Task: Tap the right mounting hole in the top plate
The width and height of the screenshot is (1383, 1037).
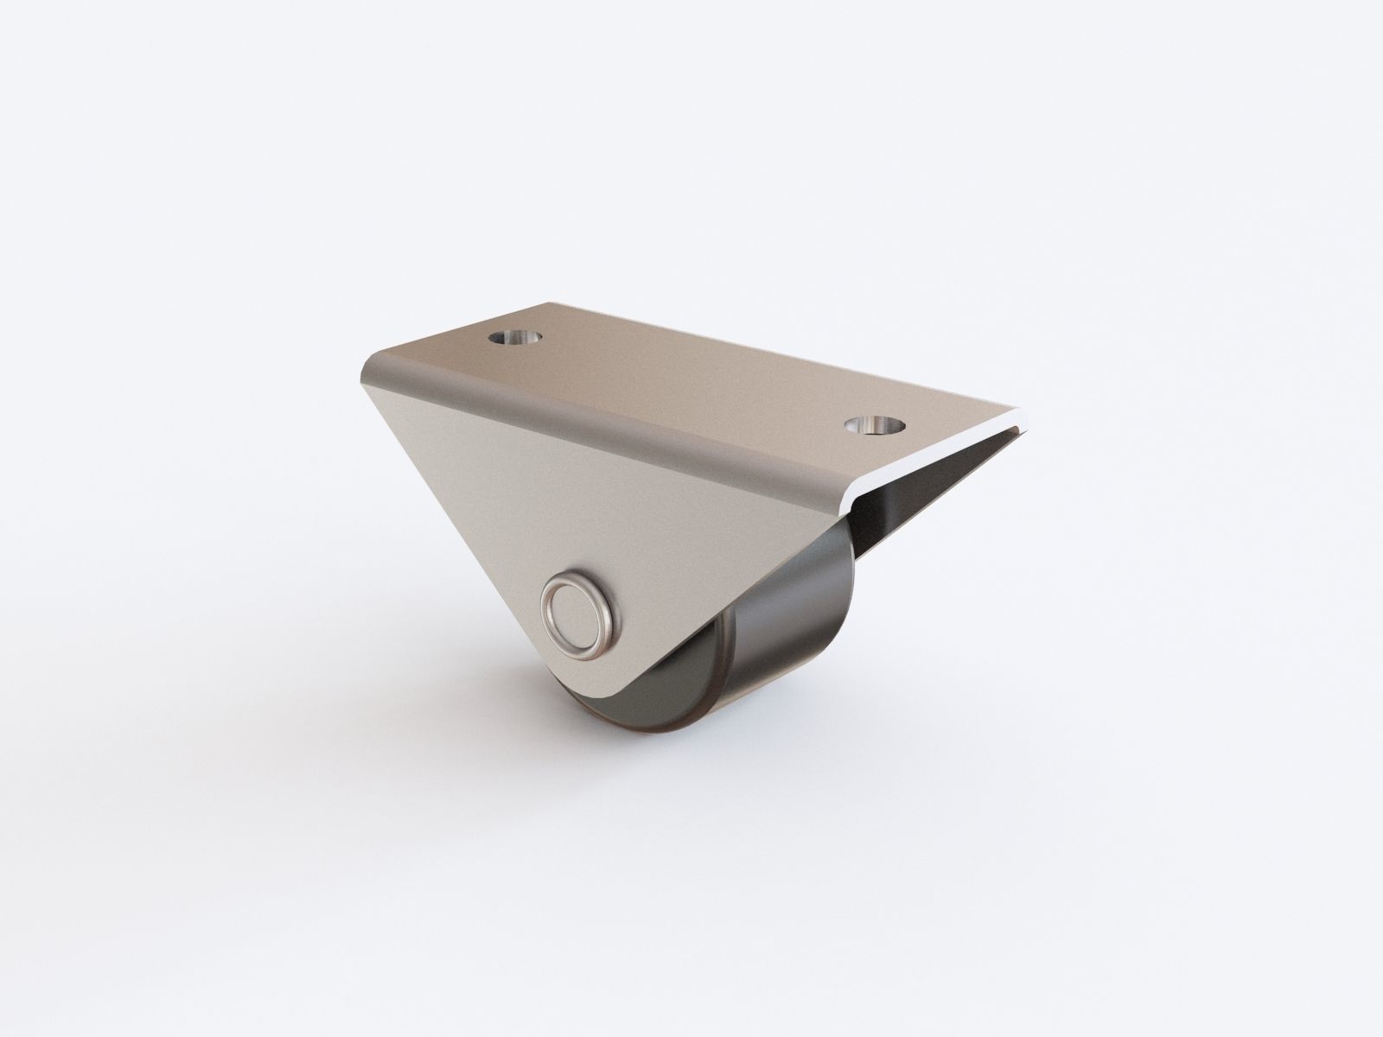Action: [x=874, y=424]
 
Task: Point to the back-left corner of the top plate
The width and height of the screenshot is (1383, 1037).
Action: [x=553, y=303]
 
